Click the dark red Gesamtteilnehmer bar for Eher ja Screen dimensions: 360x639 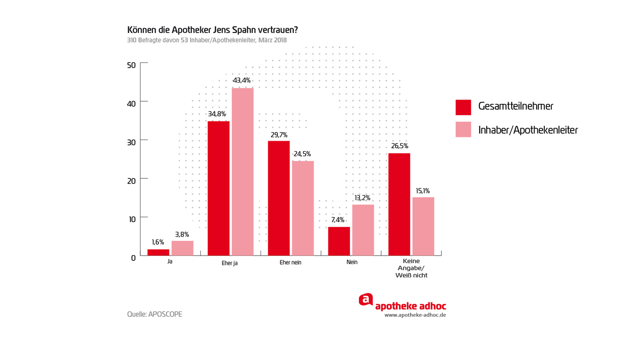(x=218, y=189)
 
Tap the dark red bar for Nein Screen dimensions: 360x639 (x=339, y=241)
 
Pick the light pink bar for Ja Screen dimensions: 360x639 (x=182, y=248)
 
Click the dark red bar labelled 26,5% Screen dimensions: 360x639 (x=399, y=204)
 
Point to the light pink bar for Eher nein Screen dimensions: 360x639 (x=302, y=208)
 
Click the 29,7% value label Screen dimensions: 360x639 (x=278, y=135)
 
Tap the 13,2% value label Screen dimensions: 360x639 (x=362, y=198)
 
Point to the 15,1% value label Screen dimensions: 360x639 (x=422, y=191)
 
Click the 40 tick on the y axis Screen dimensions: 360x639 (x=130, y=102)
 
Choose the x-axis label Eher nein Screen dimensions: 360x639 (x=290, y=263)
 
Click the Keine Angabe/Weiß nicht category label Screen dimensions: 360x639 (x=411, y=268)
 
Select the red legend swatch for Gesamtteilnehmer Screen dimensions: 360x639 (x=463, y=107)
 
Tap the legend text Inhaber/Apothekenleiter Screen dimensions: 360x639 (x=528, y=130)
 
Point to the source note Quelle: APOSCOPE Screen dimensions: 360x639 (x=154, y=314)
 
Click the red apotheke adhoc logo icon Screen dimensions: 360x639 (x=365, y=299)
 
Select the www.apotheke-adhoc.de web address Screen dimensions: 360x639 (x=415, y=315)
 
